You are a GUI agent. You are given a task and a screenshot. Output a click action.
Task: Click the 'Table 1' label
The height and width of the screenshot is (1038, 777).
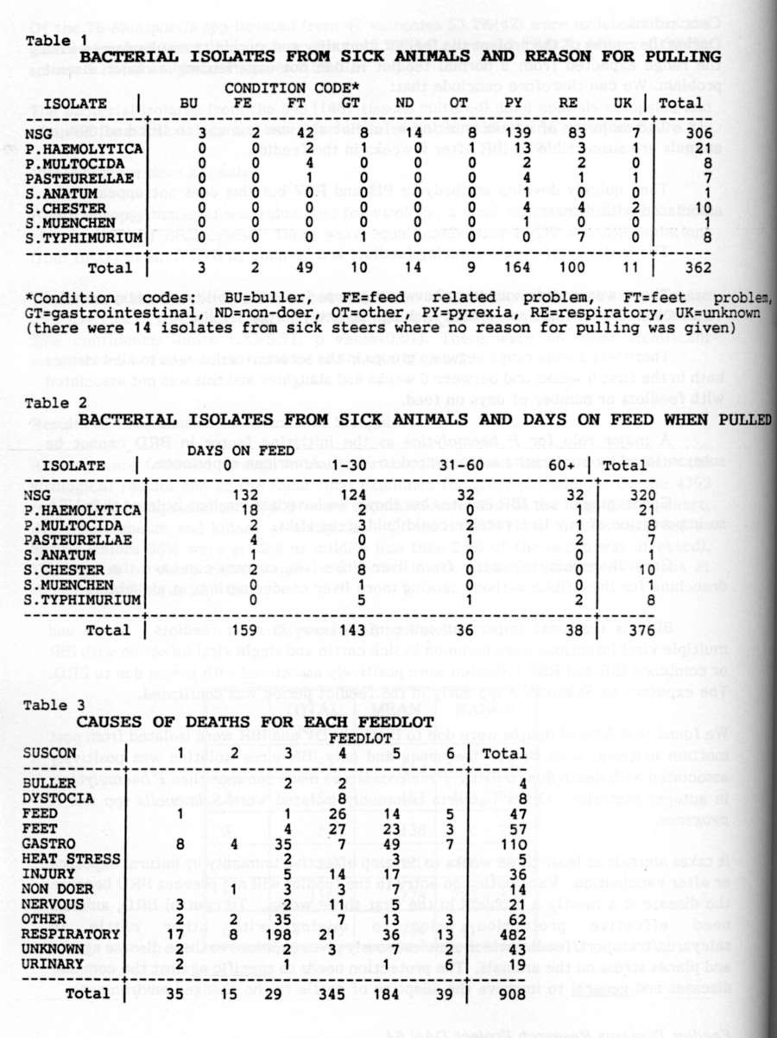tap(49, 41)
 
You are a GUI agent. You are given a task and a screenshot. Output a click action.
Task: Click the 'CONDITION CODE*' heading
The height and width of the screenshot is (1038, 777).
tap(293, 88)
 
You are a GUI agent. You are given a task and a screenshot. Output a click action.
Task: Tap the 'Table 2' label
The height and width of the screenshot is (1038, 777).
tap(49, 402)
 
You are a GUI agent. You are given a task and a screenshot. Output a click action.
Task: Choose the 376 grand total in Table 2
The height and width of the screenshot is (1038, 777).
tap(661, 629)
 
